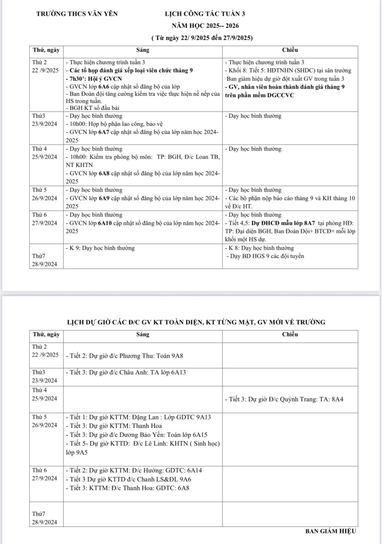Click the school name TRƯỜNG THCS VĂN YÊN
point(77,14)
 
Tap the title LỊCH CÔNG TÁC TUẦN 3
point(205,14)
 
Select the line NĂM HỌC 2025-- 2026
point(205,26)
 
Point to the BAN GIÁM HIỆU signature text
point(330,531)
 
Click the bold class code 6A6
point(104,87)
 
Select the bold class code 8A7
point(308,223)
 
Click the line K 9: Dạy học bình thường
point(100,248)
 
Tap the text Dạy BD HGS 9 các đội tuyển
point(267,256)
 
